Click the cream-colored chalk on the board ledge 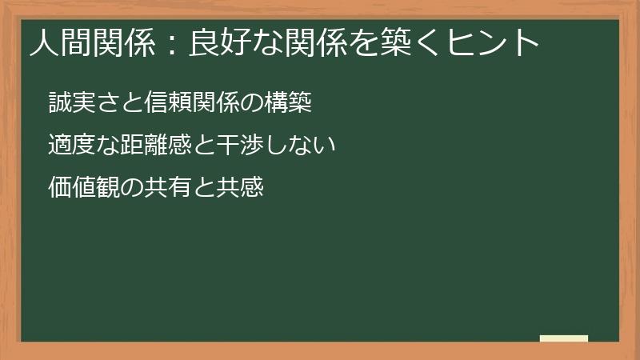(563, 339)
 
